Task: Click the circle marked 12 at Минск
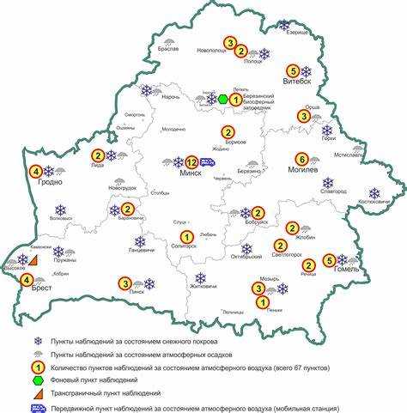191,161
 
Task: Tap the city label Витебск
295,83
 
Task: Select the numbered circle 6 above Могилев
301,159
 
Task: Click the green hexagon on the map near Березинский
223,100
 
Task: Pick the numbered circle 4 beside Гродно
35,171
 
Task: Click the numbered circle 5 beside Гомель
328,260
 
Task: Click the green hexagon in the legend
37,379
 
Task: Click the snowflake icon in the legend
37,340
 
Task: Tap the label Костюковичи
373,202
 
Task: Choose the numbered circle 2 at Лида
98,155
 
